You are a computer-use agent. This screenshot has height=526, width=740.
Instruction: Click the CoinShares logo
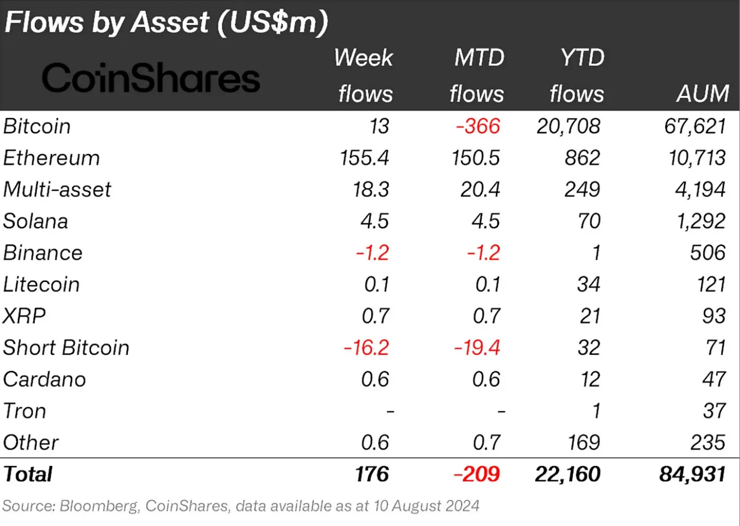(x=151, y=78)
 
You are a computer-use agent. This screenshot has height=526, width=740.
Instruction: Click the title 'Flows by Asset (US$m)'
(x=166, y=22)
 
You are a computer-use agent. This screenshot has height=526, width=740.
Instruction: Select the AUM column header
(x=702, y=94)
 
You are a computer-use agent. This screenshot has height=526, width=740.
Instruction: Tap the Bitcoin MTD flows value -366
(x=478, y=127)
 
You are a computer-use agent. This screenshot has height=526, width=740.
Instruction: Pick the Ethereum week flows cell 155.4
(x=364, y=158)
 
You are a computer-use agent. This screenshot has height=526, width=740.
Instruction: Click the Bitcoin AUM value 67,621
(x=695, y=127)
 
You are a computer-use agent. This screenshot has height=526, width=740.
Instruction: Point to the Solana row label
(x=36, y=222)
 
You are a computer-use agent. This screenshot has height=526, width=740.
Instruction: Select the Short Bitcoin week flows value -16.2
(x=366, y=348)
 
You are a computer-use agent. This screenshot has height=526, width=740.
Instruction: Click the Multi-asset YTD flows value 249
(x=582, y=190)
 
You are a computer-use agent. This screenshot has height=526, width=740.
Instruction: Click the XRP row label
(x=25, y=316)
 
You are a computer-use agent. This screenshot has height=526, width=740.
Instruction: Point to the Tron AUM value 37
(x=714, y=411)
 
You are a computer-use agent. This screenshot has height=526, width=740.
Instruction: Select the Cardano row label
(x=45, y=380)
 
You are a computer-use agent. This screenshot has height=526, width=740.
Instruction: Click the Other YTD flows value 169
(x=583, y=443)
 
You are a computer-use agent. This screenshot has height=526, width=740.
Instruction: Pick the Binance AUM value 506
(x=708, y=253)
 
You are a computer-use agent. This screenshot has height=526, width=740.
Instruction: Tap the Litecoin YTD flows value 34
(x=588, y=285)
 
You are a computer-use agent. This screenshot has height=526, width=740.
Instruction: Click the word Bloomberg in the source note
(x=99, y=506)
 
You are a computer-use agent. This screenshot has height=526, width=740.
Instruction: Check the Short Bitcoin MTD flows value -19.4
(x=477, y=348)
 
